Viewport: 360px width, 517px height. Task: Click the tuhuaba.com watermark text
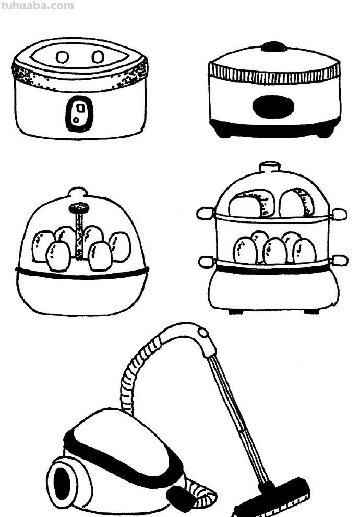(x=37, y=6)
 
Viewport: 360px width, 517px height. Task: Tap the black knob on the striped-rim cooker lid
(x=274, y=46)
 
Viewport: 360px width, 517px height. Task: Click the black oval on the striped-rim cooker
(x=273, y=107)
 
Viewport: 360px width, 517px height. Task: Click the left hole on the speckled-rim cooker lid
(x=62, y=57)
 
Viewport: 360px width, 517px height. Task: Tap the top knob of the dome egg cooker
(x=78, y=192)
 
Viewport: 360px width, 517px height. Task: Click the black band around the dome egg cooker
(x=82, y=273)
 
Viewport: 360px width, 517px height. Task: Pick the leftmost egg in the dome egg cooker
(x=43, y=245)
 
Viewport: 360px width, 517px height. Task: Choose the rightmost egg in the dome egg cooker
(x=121, y=246)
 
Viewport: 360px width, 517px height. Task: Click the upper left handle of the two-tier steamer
(x=206, y=213)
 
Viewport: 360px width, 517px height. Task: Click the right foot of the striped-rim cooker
(x=325, y=134)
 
